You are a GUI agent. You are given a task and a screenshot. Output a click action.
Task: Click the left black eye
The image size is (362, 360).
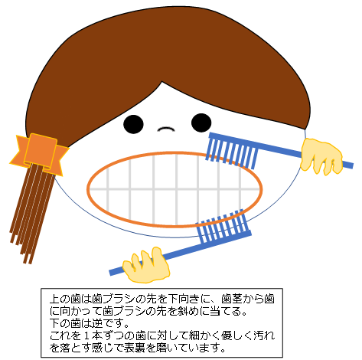(133, 124)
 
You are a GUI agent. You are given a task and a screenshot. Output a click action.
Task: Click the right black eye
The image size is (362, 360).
(201, 123)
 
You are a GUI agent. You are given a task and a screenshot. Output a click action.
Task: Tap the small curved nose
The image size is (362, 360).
(166, 129)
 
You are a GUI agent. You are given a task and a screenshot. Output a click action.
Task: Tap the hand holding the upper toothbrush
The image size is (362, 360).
(321, 155)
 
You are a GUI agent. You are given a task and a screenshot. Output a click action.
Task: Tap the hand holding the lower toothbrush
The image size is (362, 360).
(146, 266)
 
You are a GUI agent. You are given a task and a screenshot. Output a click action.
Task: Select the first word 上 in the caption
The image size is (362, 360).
(54, 298)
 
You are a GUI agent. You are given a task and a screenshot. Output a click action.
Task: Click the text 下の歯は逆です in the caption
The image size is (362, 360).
(86, 323)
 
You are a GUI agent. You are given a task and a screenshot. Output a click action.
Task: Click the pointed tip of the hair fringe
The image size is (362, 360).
(161, 82)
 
